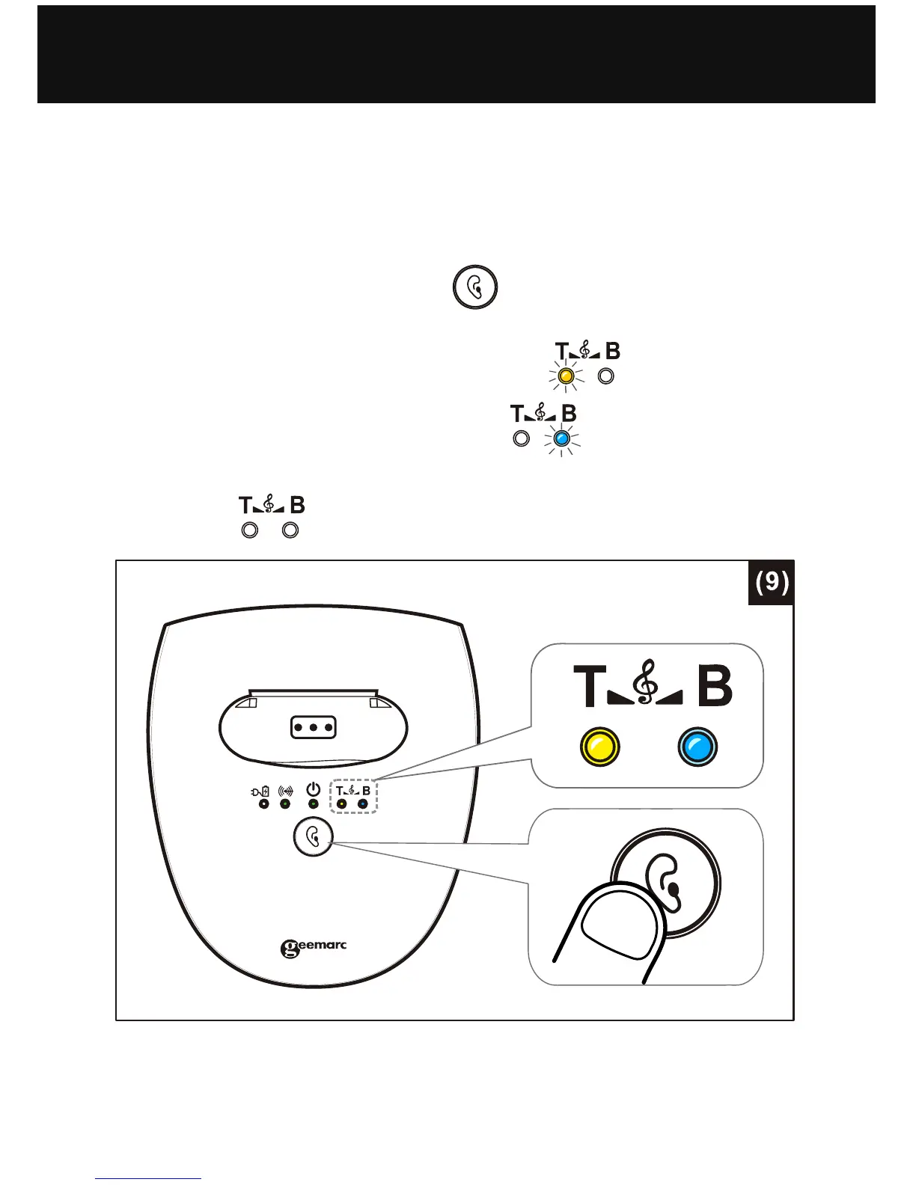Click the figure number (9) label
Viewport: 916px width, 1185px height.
tap(770, 582)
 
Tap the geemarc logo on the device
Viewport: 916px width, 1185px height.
tap(314, 948)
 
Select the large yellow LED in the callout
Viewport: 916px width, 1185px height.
tap(600, 747)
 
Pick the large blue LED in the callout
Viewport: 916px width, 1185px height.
tap(697, 747)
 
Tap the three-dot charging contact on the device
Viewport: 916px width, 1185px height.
tap(313, 726)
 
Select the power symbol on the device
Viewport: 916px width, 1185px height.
tap(314, 789)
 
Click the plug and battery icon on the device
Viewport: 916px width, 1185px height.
tap(260, 791)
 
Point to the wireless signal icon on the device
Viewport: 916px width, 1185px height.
tap(284, 791)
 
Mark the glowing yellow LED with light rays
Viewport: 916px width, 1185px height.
tap(567, 376)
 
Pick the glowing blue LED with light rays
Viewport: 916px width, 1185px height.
tap(561, 438)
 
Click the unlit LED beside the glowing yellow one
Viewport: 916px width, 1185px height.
tap(606, 376)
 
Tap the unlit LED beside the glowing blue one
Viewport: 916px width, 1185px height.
tap(522, 438)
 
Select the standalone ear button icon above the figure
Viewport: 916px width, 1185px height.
tap(475, 287)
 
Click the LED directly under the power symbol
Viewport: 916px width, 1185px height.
tap(314, 804)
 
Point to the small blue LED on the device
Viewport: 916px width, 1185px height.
tap(363, 804)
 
